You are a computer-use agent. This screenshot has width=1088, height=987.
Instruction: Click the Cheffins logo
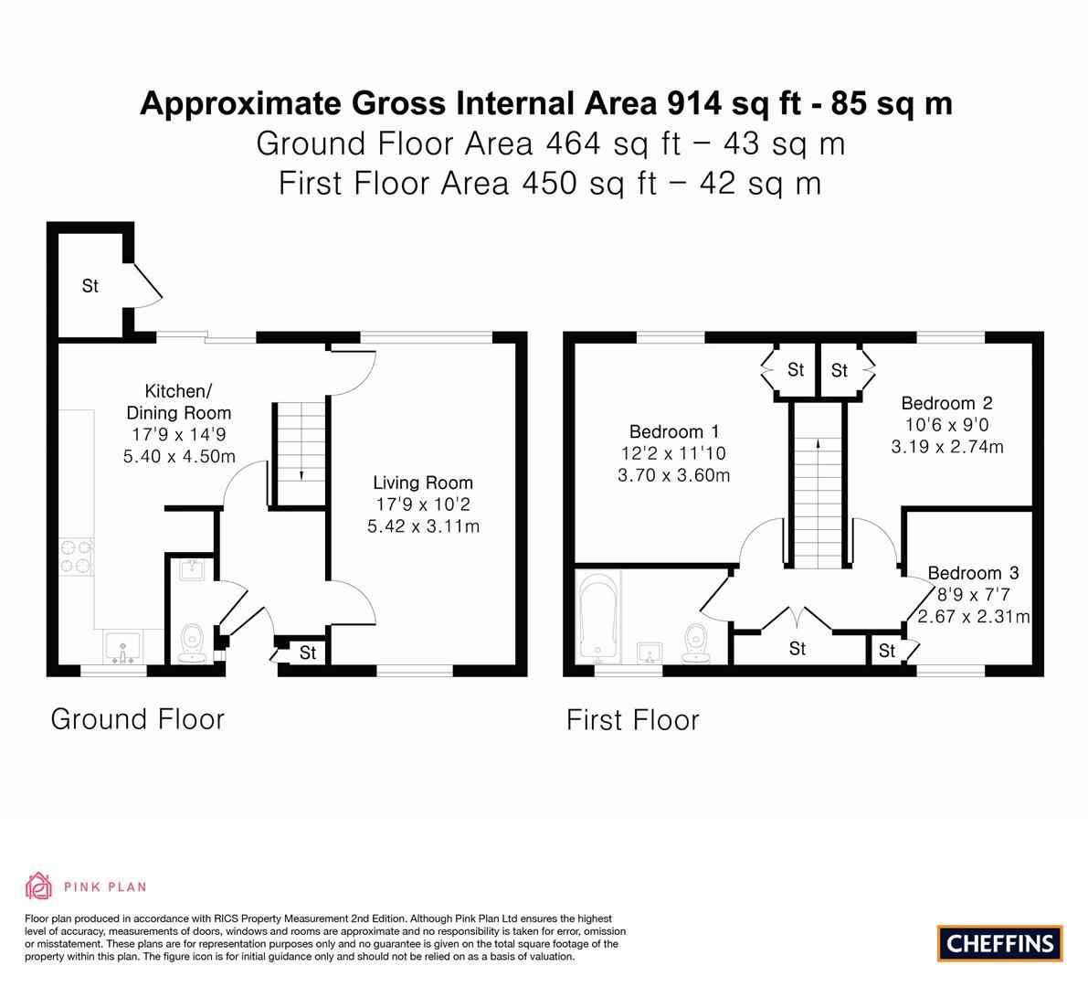click(999, 943)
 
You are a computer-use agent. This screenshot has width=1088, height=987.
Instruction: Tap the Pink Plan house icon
click(39, 886)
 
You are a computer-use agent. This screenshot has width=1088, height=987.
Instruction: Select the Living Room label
click(423, 483)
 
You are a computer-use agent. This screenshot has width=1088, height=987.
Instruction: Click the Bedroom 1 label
click(674, 431)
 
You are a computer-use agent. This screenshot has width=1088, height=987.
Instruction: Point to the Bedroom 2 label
click(946, 403)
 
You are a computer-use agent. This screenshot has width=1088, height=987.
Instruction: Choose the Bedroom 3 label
click(973, 573)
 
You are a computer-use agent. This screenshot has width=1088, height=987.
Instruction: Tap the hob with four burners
click(77, 557)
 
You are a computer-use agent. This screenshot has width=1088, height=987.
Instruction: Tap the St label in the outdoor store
click(90, 286)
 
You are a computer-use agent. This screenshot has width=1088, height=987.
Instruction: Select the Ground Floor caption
click(137, 719)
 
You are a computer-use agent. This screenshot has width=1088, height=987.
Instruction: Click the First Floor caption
click(633, 720)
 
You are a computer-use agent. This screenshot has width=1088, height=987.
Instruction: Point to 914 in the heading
click(694, 103)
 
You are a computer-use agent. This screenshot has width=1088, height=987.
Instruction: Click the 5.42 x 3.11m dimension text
click(423, 526)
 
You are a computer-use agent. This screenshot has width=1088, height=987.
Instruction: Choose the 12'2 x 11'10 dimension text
click(674, 453)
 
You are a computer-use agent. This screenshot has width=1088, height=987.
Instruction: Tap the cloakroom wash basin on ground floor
click(192, 569)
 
